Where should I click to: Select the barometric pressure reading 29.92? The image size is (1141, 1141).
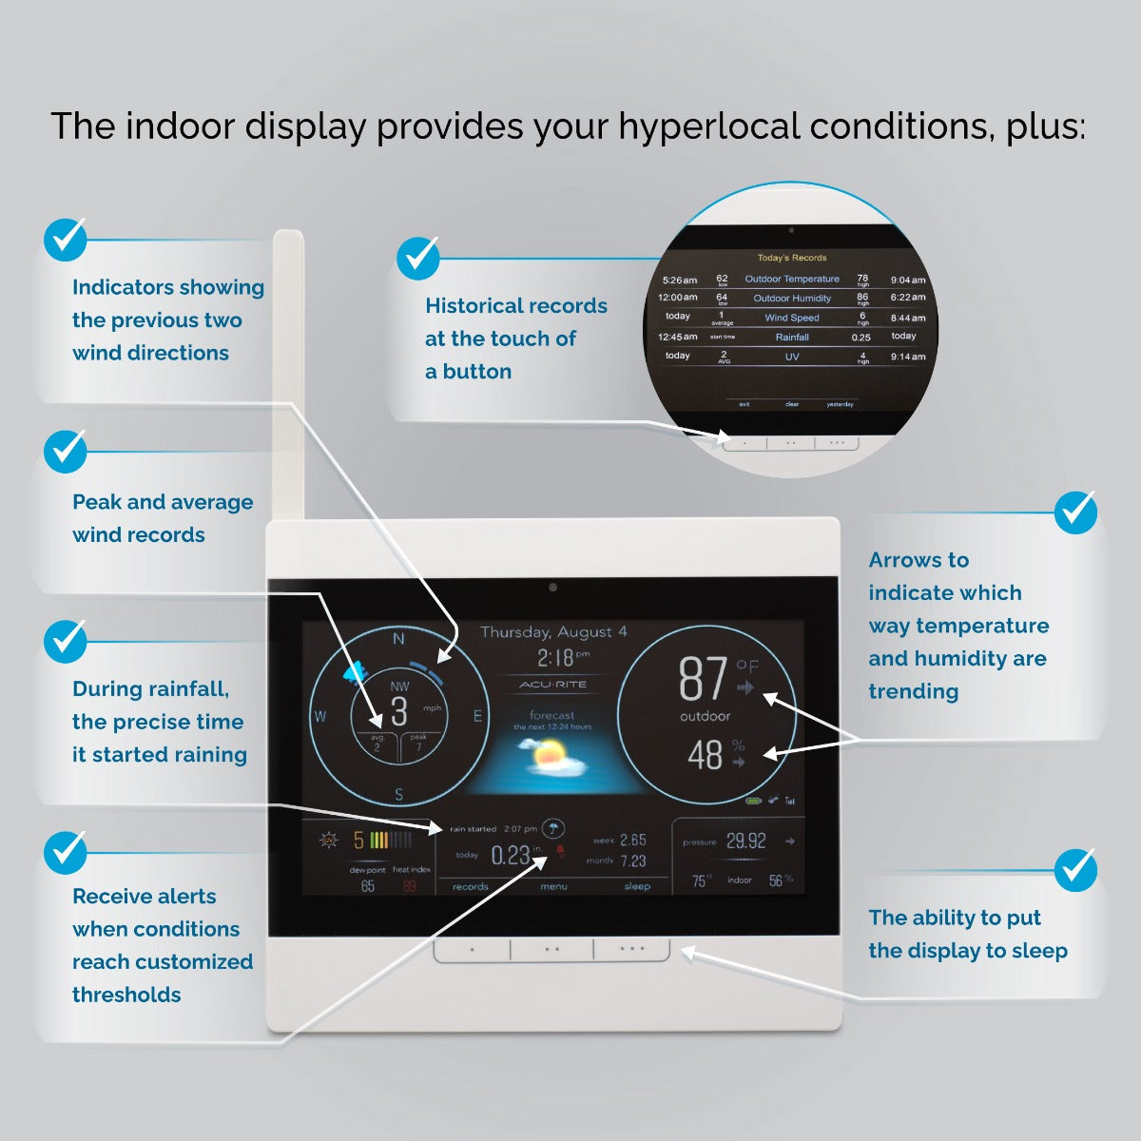(745, 841)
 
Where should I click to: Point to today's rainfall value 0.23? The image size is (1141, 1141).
(510, 856)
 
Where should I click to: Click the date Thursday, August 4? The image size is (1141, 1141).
(553, 632)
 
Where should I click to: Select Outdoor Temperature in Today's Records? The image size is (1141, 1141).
(792, 280)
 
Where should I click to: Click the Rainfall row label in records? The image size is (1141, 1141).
(792, 338)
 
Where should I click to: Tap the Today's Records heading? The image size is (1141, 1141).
(792, 258)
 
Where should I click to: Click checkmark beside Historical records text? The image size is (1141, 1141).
(417, 258)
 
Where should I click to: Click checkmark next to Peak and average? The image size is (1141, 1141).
(65, 452)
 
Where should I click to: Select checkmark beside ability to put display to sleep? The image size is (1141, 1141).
(1075, 869)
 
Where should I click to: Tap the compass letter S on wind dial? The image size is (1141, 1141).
(399, 795)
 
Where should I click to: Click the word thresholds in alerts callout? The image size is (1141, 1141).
(126, 995)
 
